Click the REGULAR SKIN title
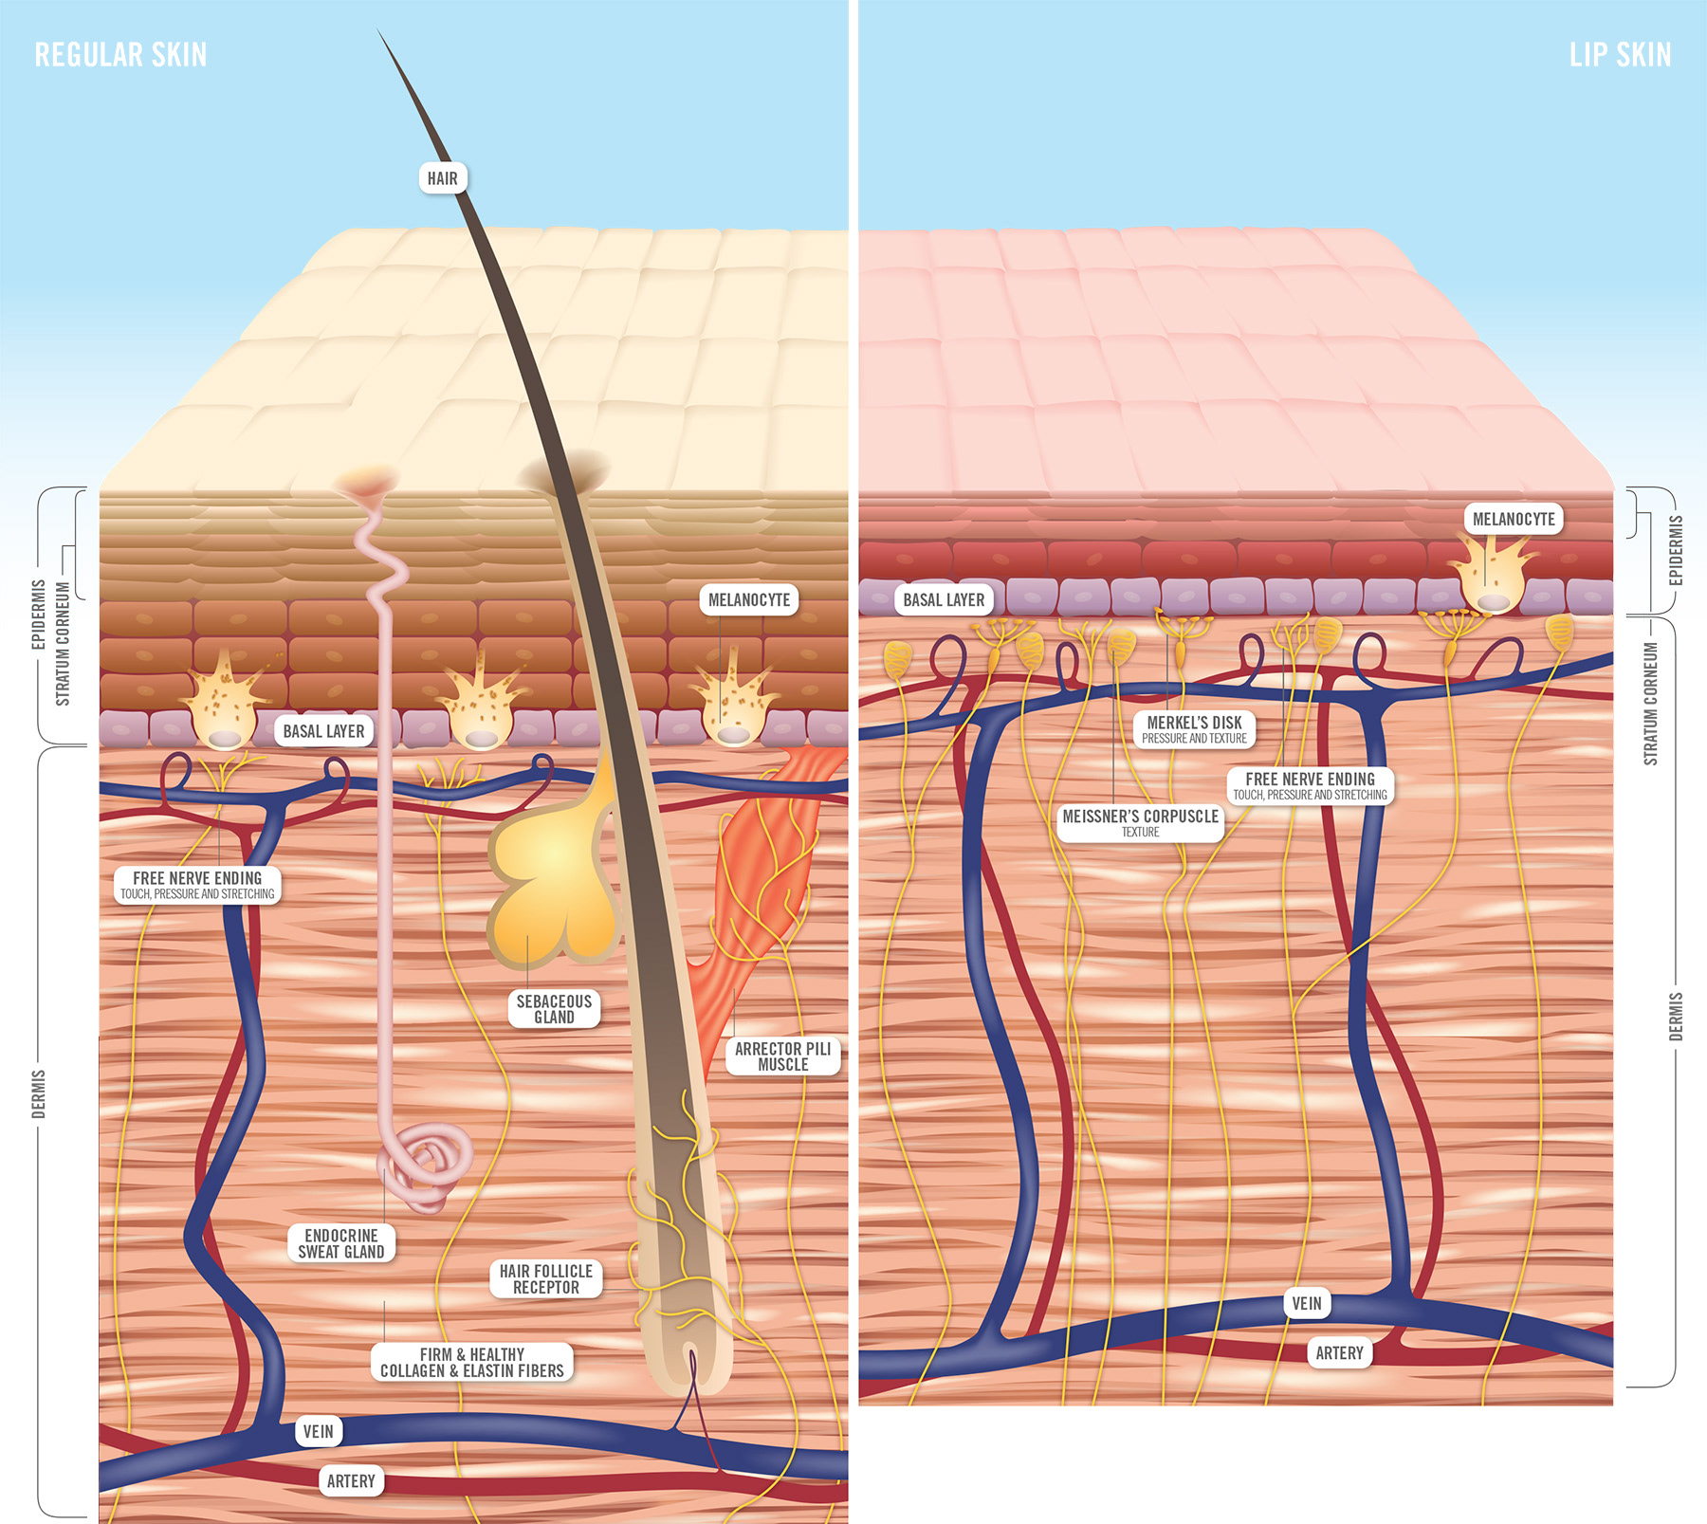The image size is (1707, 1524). tap(120, 55)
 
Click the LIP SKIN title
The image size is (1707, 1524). tap(1620, 55)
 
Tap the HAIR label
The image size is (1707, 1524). tap(442, 178)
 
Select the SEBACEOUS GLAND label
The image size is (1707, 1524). tap(554, 1009)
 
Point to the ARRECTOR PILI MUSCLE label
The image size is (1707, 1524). tap(782, 1056)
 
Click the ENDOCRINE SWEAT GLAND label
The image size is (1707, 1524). tap(341, 1243)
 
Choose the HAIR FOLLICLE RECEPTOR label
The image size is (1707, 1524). tap(545, 1278)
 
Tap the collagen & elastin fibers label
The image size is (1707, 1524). tap(472, 1362)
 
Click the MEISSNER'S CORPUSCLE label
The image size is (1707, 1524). tap(1140, 821)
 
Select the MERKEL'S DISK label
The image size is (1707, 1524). tap(1194, 728)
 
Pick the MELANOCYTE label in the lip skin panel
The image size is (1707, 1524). tap(1514, 519)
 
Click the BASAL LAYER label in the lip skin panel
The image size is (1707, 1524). tap(944, 599)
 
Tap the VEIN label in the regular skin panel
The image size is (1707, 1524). tap(318, 1431)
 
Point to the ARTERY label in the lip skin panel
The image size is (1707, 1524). tap(1339, 1353)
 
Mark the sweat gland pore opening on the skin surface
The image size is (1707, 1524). tap(366, 479)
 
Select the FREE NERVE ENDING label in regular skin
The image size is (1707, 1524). tap(197, 884)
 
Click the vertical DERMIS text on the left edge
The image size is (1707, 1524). tap(39, 1093)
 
